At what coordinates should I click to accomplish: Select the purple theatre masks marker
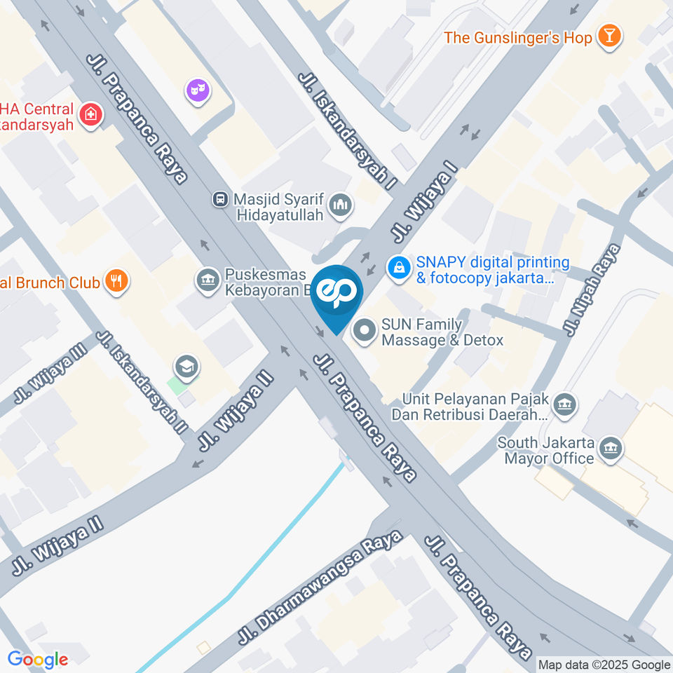pyautogui.click(x=198, y=90)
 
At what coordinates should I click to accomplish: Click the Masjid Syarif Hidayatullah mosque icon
pyautogui.click(x=342, y=205)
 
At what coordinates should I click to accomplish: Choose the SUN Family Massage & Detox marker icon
pyautogui.click(x=364, y=332)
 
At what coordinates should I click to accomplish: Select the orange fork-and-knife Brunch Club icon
pyautogui.click(x=115, y=282)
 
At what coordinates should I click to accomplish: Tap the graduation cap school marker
pyautogui.click(x=187, y=366)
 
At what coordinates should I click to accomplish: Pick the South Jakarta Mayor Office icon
pyautogui.click(x=611, y=450)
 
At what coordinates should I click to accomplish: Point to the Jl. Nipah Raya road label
pyautogui.click(x=593, y=289)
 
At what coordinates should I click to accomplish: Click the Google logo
pyautogui.click(x=38, y=659)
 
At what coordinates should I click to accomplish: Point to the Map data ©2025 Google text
pyautogui.click(x=604, y=665)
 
